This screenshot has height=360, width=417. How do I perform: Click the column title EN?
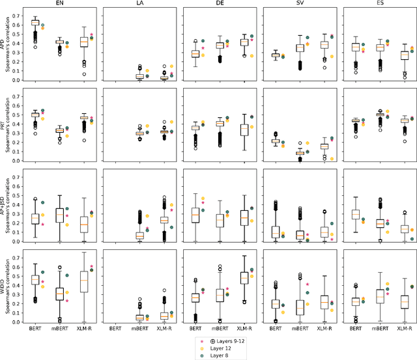(63, 4)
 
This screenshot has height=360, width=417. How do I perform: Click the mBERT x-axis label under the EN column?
(63, 329)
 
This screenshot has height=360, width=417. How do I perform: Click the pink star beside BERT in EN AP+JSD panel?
(43, 225)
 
